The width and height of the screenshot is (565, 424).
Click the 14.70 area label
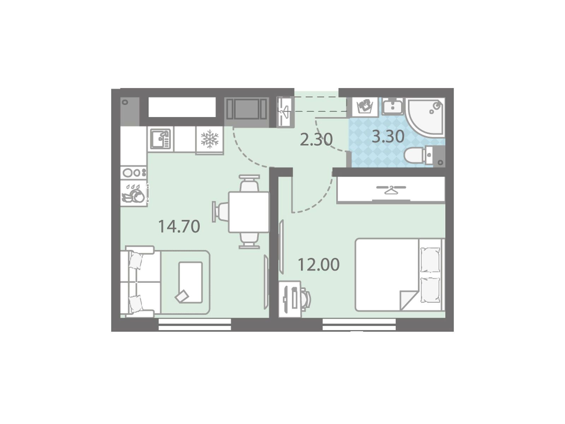click(x=179, y=226)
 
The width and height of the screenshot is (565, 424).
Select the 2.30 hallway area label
click(x=316, y=140)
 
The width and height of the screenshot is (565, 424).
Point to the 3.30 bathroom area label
click(x=388, y=137)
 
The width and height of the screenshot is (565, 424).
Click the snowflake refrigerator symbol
click(x=209, y=139)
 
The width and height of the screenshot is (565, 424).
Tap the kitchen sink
click(x=160, y=139)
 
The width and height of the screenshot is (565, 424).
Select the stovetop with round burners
click(x=134, y=172)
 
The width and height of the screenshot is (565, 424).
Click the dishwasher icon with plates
click(x=134, y=193)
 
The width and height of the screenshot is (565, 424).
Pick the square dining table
click(x=249, y=212)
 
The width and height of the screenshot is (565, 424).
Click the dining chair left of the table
click(x=221, y=212)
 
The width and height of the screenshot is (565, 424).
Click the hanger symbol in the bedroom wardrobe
click(x=391, y=190)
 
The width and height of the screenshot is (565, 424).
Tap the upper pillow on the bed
click(x=430, y=260)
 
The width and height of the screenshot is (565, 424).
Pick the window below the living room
click(x=195, y=324)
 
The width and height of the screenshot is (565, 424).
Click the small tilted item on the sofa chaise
click(x=182, y=296)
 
